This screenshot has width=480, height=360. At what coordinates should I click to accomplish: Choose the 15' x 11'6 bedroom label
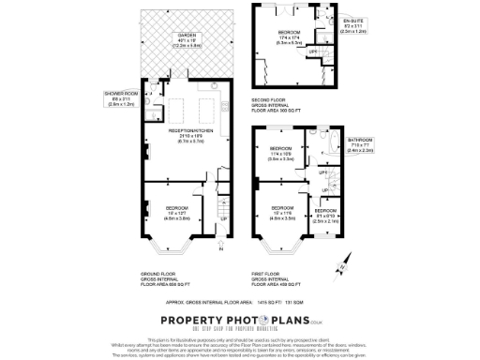pyautogui.click(x=283, y=207)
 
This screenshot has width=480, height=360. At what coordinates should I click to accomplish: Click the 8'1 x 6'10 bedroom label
pyautogui.click(x=325, y=214)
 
